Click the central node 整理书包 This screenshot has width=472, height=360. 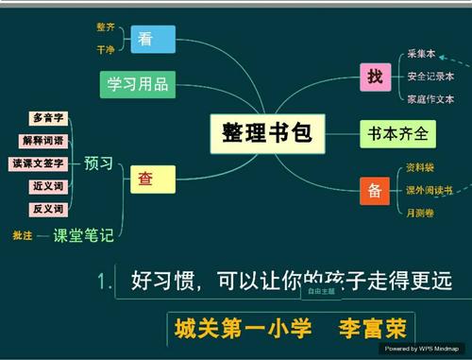coord(265,130)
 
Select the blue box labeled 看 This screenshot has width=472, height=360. coord(152,39)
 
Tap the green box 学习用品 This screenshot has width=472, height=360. coord(137,84)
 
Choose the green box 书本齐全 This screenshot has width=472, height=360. coord(397,134)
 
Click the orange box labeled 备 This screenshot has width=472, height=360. coord(374,191)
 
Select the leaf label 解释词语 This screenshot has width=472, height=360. coord(44,141)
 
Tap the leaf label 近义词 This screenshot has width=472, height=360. coord(46,186)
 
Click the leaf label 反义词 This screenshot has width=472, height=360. coord(46,209)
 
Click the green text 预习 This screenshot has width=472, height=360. coord(98,163)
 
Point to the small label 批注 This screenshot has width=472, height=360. coord(23,234)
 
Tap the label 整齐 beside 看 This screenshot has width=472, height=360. coord(105,27)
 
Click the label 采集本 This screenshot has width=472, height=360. coord(420,54)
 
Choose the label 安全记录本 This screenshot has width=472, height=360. coord(430,77)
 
